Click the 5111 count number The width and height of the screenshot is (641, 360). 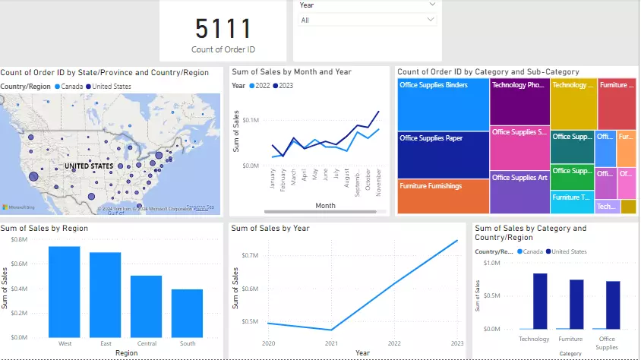(x=223, y=29)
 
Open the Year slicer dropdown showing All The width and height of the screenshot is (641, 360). (x=368, y=21)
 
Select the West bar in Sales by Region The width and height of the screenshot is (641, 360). (x=65, y=292)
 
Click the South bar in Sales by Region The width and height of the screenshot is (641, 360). (x=187, y=313)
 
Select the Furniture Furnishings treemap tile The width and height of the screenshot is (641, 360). (x=443, y=196)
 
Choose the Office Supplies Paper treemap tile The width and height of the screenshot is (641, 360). (x=442, y=154)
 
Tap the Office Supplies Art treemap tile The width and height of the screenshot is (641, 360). (x=519, y=192)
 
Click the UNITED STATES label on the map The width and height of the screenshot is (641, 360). (x=89, y=166)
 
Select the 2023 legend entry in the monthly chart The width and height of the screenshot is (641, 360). (x=283, y=86)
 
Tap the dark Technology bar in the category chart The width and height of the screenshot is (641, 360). (x=540, y=301)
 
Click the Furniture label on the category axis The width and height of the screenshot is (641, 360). (x=570, y=339)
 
